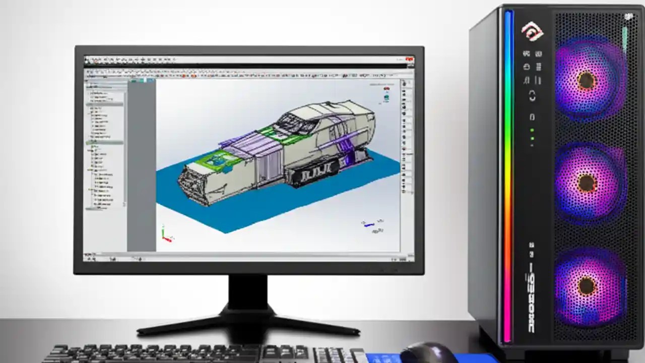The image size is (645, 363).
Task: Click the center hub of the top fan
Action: click(x=586, y=80)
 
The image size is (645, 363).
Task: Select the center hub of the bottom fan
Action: click(x=586, y=286)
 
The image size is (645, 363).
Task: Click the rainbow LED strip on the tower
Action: click(x=508, y=176)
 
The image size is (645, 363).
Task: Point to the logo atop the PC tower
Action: click(x=532, y=32)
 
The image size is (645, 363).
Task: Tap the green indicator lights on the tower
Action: click(x=532, y=137)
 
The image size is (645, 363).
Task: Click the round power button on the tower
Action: click(x=532, y=96)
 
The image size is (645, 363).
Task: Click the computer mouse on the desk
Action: click(x=428, y=353)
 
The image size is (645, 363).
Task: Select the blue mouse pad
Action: click(x=383, y=358)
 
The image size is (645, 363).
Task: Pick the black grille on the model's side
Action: click(x=312, y=176)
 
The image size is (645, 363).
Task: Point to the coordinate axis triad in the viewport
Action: click(x=166, y=234)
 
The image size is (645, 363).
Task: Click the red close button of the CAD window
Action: click(x=409, y=60)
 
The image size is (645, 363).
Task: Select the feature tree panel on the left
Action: click(x=105, y=151)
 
